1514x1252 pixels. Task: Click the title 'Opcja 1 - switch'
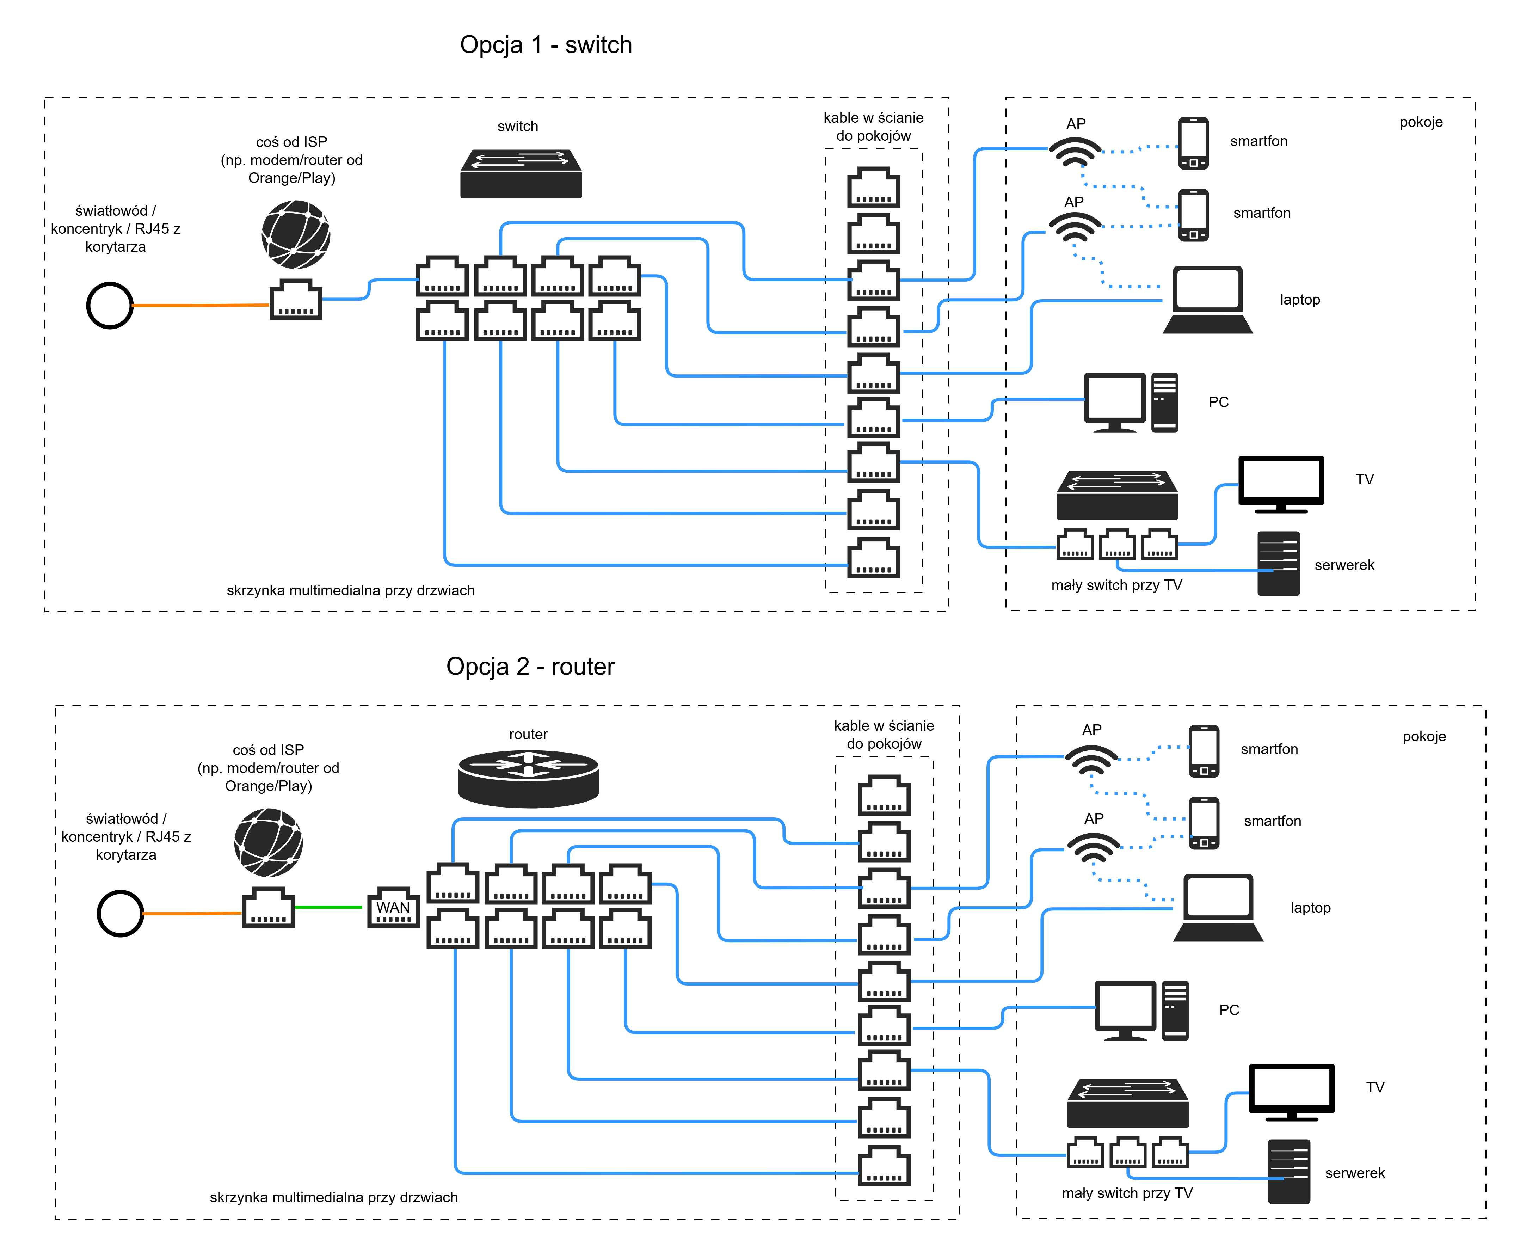(546, 45)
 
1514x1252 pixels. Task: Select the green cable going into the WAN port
(328, 907)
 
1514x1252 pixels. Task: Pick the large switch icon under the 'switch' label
(521, 174)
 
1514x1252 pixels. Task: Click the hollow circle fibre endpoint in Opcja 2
(121, 914)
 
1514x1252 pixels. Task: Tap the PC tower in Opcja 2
(1175, 1011)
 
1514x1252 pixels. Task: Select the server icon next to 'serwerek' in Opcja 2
(1289, 1171)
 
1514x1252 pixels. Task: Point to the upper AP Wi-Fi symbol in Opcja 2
(1091, 759)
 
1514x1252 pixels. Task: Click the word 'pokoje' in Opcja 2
(1424, 736)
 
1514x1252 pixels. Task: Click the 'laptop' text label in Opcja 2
(1310, 908)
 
